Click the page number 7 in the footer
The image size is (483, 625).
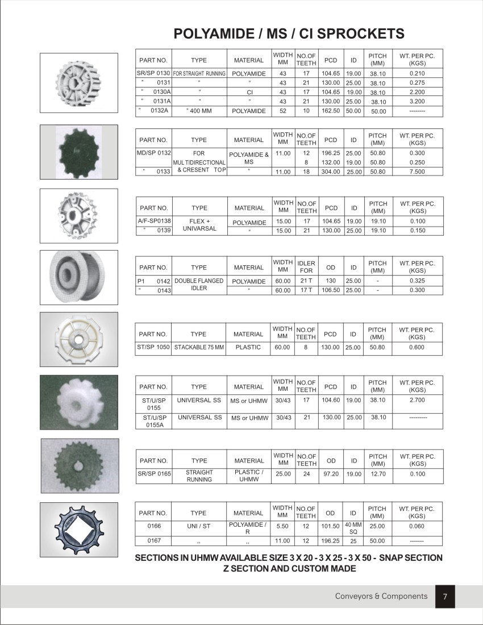click(x=445, y=597)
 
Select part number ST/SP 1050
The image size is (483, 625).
click(x=153, y=347)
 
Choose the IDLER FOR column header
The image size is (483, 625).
click(x=306, y=267)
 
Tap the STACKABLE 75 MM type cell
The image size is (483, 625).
click(x=199, y=347)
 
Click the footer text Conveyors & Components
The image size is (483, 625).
click(x=381, y=596)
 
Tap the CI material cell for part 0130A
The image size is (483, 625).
click(x=249, y=92)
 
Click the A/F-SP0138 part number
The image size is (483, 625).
click(x=154, y=221)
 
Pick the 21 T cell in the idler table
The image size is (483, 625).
click(x=306, y=281)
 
